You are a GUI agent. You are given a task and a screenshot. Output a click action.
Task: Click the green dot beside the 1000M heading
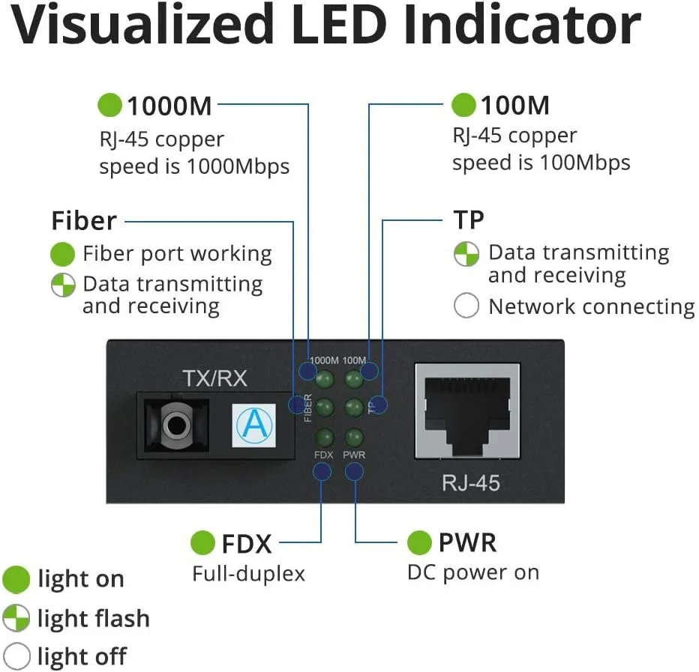(x=109, y=105)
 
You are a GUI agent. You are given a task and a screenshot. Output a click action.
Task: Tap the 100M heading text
(x=514, y=106)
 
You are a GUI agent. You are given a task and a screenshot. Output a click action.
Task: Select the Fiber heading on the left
(x=84, y=221)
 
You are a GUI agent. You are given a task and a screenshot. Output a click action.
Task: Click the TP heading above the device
(x=469, y=220)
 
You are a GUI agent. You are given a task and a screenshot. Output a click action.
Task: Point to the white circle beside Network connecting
(x=466, y=306)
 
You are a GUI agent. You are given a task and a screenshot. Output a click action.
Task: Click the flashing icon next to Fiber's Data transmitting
(x=63, y=285)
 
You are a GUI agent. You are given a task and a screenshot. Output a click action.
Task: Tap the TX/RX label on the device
(x=214, y=378)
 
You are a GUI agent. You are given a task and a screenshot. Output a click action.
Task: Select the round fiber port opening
(x=175, y=425)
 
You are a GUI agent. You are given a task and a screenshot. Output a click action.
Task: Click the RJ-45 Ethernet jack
(x=466, y=413)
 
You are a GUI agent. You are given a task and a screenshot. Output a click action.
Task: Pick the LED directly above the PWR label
(x=353, y=437)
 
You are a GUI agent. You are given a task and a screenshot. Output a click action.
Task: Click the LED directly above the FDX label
(x=325, y=437)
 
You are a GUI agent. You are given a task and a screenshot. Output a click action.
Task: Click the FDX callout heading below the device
(x=246, y=543)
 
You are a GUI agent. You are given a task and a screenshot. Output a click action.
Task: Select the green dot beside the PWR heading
(x=419, y=542)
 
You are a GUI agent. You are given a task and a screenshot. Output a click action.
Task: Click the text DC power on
(x=472, y=573)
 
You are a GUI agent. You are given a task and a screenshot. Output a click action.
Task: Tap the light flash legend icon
(x=16, y=619)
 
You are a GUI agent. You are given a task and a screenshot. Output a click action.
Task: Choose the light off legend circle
(x=16, y=656)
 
